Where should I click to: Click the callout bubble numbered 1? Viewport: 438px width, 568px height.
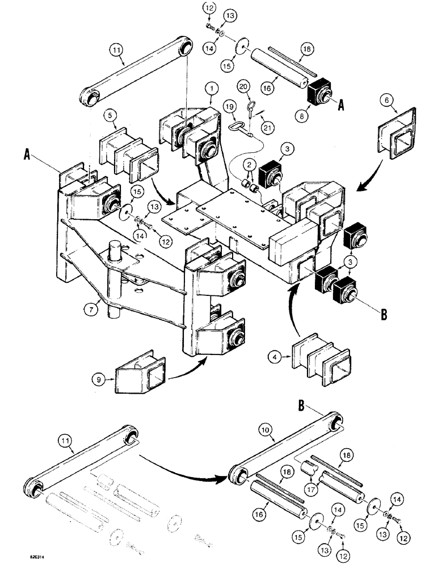click(x=210, y=89)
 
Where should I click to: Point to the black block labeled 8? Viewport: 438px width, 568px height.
click(x=322, y=90)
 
